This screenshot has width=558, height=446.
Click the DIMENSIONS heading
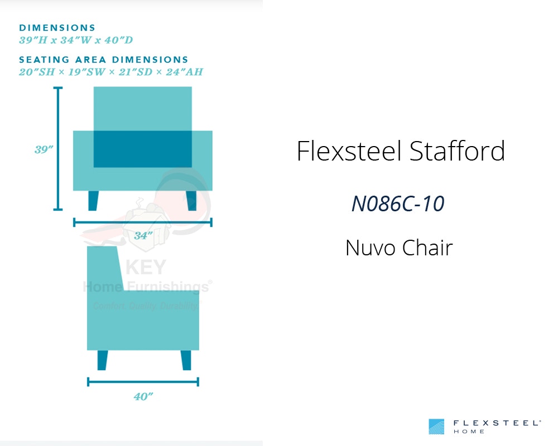(x=57, y=28)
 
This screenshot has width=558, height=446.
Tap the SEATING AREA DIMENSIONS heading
(x=104, y=60)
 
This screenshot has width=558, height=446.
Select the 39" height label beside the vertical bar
(x=44, y=149)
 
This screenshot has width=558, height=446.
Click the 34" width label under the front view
(x=143, y=235)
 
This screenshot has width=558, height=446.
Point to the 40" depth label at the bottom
(x=143, y=396)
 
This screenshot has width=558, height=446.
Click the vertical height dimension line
(x=58, y=148)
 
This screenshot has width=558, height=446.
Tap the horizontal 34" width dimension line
(x=143, y=222)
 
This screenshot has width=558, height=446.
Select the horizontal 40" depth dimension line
(x=143, y=382)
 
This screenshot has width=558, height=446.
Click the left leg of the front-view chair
(x=93, y=201)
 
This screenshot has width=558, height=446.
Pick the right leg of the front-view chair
(x=191, y=201)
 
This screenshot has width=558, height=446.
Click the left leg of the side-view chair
(x=103, y=360)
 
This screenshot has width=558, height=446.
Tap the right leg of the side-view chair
(x=186, y=360)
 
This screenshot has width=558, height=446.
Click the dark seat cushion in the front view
(x=143, y=149)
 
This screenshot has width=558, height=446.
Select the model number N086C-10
(x=398, y=204)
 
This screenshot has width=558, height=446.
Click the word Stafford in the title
(x=458, y=151)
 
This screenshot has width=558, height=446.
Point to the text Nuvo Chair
(x=399, y=248)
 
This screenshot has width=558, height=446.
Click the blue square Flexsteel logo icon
(x=436, y=426)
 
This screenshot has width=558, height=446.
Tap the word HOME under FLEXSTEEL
(x=469, y=432)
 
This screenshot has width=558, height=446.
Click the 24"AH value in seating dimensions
(x=184, y=72)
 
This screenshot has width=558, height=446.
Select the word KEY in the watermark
(x=146, y=267)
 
